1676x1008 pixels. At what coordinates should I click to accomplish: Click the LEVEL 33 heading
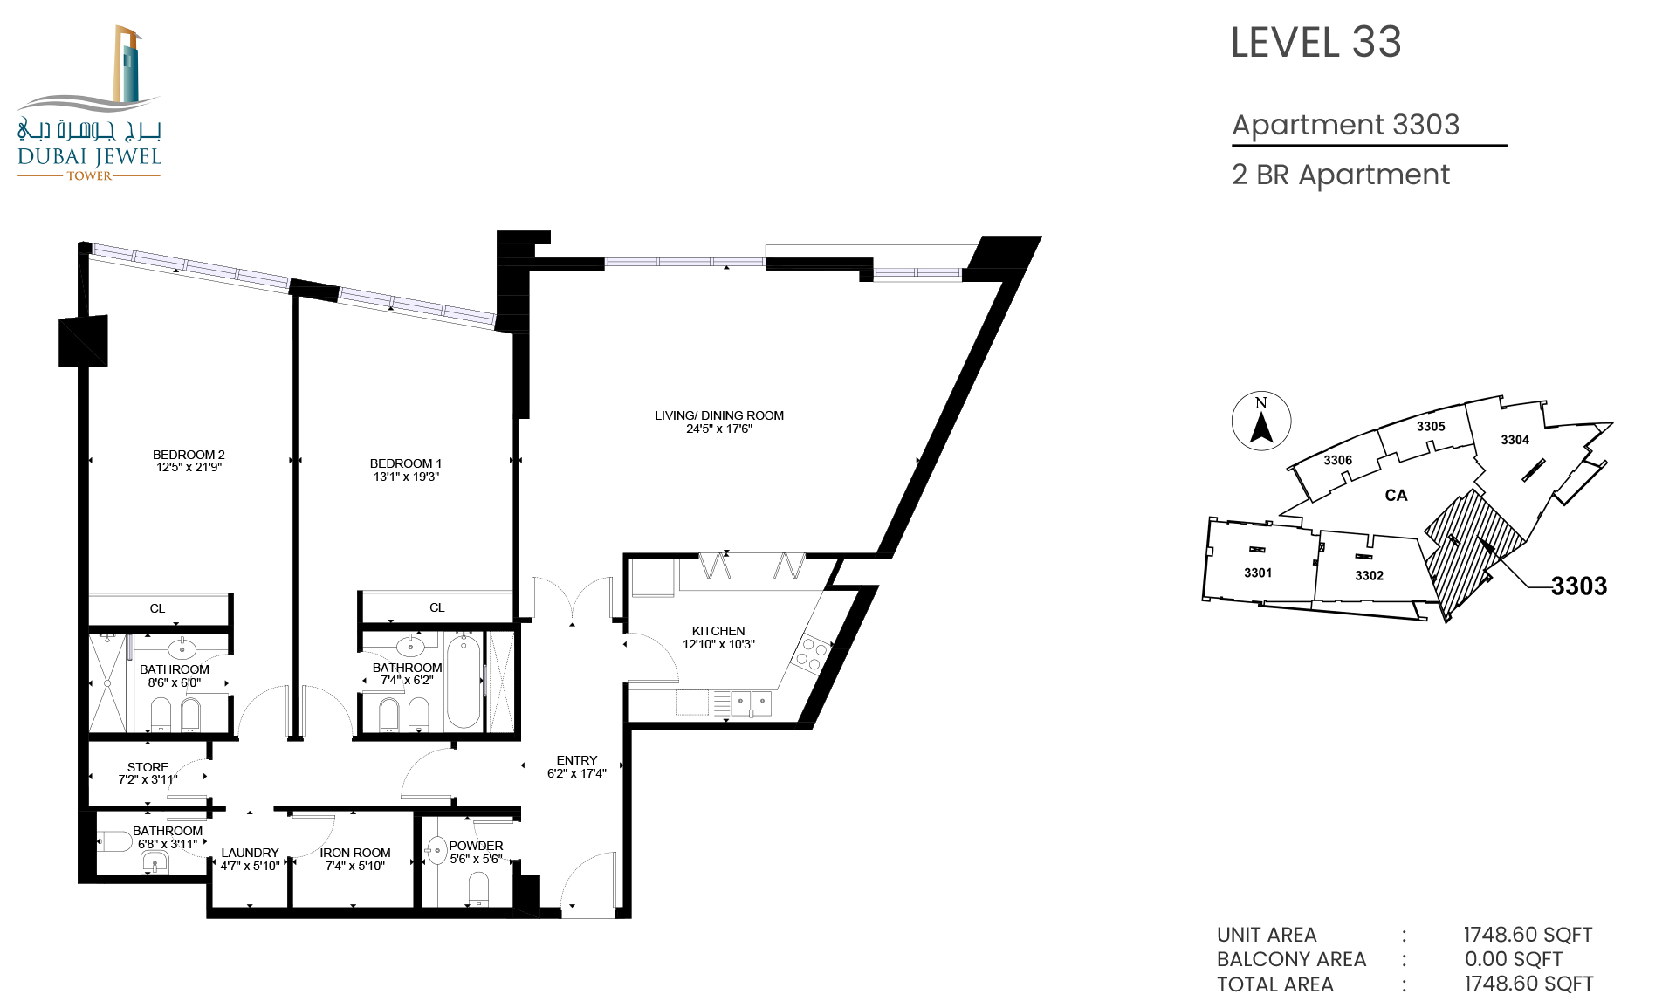click(x=1315, y=43)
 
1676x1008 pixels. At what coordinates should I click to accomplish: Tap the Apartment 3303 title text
click(x=1345, y=125)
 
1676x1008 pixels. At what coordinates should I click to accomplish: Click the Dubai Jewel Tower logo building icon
click(x=127, y=65)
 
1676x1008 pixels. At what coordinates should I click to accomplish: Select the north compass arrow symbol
click(x=1261, y=427)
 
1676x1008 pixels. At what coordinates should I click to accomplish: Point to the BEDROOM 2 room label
click(x=189, y=455)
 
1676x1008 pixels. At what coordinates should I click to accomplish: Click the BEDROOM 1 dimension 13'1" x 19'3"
click(x=406, y=477)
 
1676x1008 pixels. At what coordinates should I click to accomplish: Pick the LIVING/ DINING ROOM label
click(x=719, y=415)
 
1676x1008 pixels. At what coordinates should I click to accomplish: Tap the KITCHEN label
click(x=718, y=631)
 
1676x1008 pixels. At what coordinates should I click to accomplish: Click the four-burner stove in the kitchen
click(x=811, y=655)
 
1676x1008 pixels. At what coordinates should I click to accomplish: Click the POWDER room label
click(x=476, y=846)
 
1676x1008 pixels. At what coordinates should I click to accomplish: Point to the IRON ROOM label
click(x=355, y=853)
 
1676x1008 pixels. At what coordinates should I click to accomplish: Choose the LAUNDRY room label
click(x=250, y=853)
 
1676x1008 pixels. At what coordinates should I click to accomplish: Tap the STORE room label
click(x=148, y=767)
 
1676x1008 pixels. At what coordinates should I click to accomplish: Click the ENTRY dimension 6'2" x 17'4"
click(x=576, y=773)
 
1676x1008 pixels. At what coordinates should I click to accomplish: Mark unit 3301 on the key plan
click(x=1258, y=573)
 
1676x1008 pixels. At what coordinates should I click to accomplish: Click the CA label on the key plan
click(x=1396, y=496)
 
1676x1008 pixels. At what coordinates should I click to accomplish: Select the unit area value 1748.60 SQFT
click(x=1528, y=935)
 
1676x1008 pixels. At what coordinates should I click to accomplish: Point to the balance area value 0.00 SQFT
click(x=1514, y=959)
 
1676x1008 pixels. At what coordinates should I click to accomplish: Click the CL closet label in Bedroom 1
click(x=436, y=607)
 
